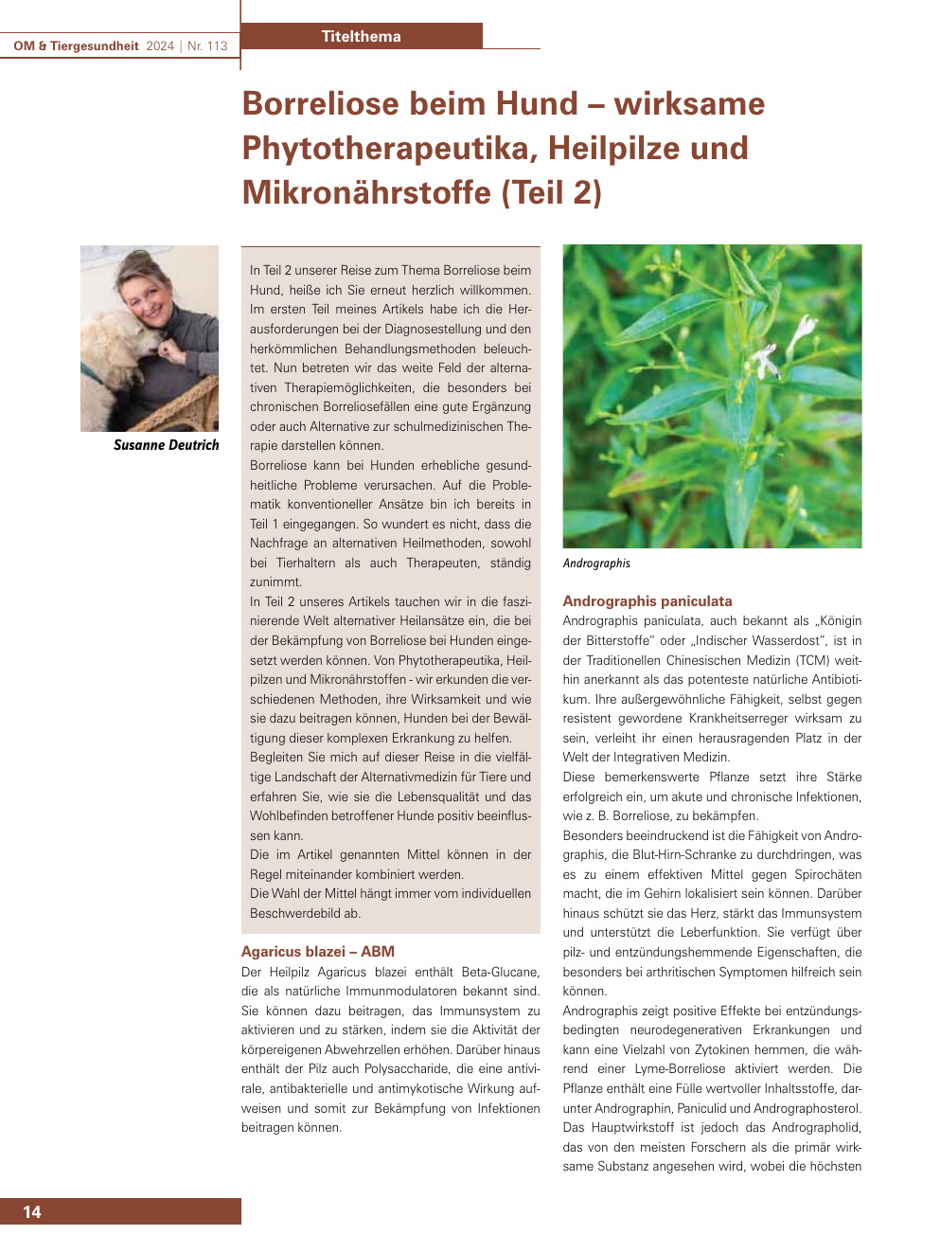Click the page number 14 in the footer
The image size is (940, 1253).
[x=32, y=1211]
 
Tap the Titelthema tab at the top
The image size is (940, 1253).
[x=361, y=36]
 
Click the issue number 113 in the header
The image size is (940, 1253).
[x=217, y=45]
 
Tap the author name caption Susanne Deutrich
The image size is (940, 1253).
[x=166, y=445]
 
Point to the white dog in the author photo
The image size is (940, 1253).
[x=109, y=360]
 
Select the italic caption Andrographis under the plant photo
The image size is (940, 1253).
[x=596, y=564]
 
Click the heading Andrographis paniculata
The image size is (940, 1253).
[x=647, y=600]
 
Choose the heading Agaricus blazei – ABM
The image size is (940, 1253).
[x=318, y=951]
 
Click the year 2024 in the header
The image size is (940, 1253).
[x=160, y=45]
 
